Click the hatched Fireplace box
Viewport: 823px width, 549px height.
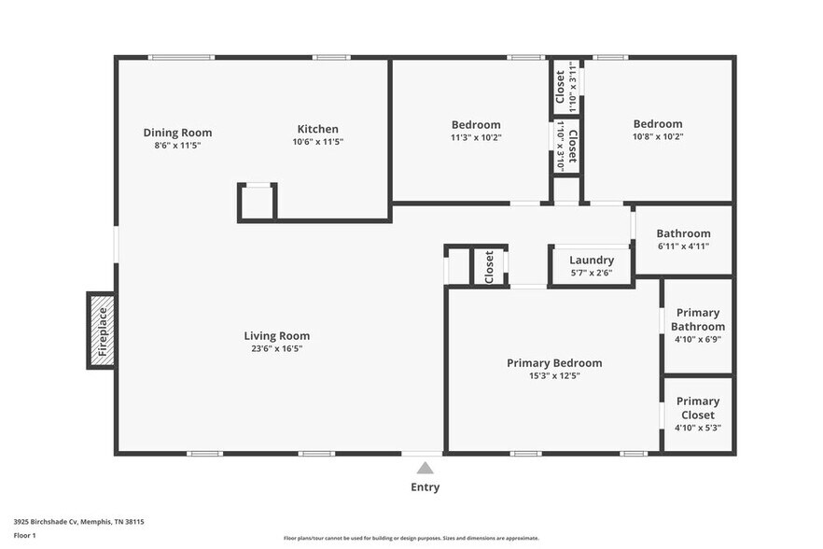click(x=102, y=331)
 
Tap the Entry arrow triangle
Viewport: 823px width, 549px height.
click(x=425, y=469)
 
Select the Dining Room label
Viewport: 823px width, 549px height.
click(x=177, y=132)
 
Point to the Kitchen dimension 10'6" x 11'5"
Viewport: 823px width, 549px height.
click(x=317, y=143)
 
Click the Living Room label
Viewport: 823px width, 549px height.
click(x=276, y=336)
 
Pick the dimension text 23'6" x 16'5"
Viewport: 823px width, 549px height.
click(x=276, y=348)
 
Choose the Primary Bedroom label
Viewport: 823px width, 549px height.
click(x=553, y=363)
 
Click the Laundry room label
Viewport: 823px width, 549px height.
click(x=592, y=260)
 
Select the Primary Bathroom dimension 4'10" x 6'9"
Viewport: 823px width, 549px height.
click(x=698, y=340)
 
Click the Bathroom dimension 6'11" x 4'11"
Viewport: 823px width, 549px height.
click(x=683, y=246)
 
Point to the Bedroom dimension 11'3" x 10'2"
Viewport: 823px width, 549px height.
click(x=476, y=136)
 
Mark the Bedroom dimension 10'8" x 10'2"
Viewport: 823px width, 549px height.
click(x=658, y=136)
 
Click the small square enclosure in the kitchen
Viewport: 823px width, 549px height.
click(x=258, y=202)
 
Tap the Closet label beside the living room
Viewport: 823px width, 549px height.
click(x=489, y=267)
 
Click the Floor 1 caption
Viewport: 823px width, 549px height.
click(x=24, y=535)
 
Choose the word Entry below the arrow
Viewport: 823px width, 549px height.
click(x=425, y=487)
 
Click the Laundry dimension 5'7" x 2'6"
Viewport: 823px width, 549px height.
click(x=592, y=273)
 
